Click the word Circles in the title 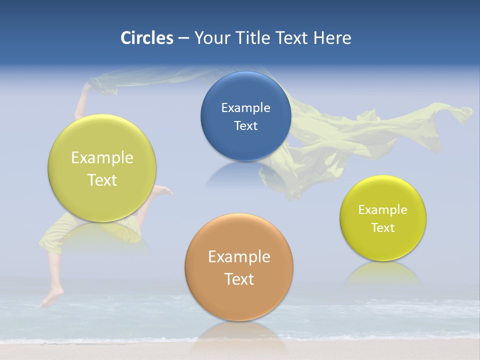(x=146, y=38)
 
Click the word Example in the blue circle (x=245, y=108)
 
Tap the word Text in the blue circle (x=245, y=126)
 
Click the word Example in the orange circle (x=239, y=257)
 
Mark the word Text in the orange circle (x=239, y=279)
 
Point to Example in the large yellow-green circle (x=102, y=158)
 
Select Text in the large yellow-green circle (x=102, y=180)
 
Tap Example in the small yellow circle (x=383, y=210)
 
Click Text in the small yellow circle (x=383, y=228)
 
